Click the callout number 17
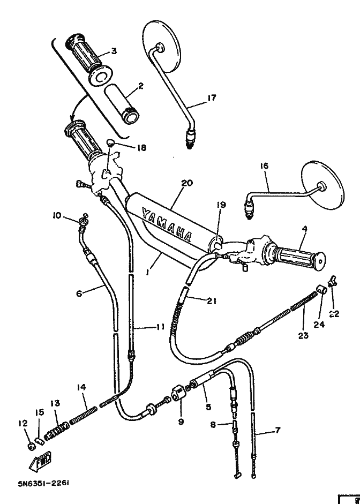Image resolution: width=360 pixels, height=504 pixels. pyautogui.click(x=212, y=97)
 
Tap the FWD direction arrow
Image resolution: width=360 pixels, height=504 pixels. pyautogui.click(x=40, y=461)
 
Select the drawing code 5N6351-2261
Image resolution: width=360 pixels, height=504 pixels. pyautogui.click(x=44, y=483)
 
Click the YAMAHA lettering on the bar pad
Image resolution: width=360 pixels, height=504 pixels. pyautogui.click(x=167, y=225)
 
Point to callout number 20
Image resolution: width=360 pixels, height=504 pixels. pyautogui.click(x=187, y=183)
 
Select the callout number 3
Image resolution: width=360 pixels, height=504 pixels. pyautogui.click(x=114, y=51)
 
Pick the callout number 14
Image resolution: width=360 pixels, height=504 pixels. pyautogui.click(x=81, y=388)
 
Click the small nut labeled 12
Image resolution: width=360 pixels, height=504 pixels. pyautogui.click(x=32, y=447)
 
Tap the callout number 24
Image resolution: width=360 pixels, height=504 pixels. pyautogui.click(x=319, y=325)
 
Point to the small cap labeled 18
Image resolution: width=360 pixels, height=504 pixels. pyautogui.click(x=111, y=142)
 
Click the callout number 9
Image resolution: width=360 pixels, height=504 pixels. pyautogui.click(x=181, y=422)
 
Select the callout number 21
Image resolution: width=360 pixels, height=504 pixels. pyautogui.click(x=211, y=301)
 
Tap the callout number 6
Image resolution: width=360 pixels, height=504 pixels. pyautogui.click(x=79, y=293)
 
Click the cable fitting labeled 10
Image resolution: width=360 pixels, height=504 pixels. pyautogui.click(x=83, y=221)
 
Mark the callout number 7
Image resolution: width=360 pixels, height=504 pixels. pyautogui.click(x=277, y=430)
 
